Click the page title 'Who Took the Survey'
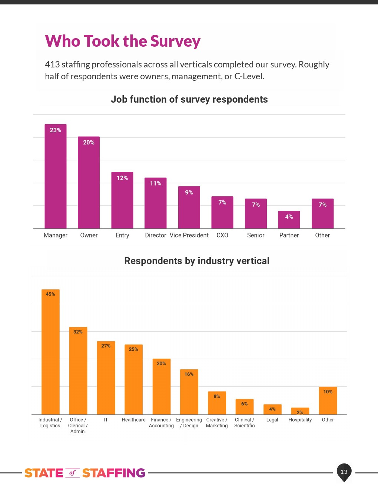pyautogui.click(x=123, y=41)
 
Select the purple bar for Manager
pyautogui.click(x=56, y=178)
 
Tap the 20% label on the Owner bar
pyautogui.click(x=89, y=142)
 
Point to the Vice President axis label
pyautogui.click(x=189, y=235)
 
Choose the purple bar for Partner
pyautogui.click(x=289, y=222)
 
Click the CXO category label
pyautogui.click(x=222, y=235)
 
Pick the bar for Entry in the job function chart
pyautogui.click(x=122, y=202)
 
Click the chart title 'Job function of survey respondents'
pyautogui.click(x=189, y=99)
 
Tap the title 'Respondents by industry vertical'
pyautogui.click(x=197, y=261)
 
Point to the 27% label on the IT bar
pyautogui.click(x=106, y=346)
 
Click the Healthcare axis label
pyautogui.click(x=133, y=420)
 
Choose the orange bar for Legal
pyautogui.click(x=272, y=410)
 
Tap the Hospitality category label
pyautogui.click(x=300, y=420)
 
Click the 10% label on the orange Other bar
pyautogui.click(x=328, y=392)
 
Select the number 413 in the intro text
pyautogui.click(x=52, y=64)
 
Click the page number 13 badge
pyautogui.click(x=344, y=472)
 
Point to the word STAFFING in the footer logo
pyautogui.click(x=113, y=473)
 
